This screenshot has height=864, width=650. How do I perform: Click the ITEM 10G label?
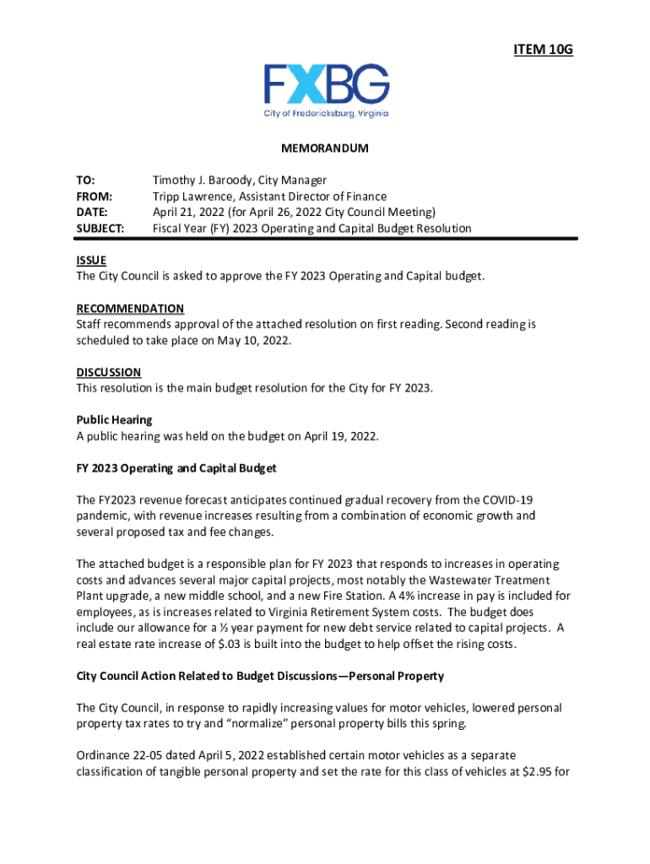coord(543,51)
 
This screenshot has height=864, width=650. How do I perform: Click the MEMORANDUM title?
coord(325,148)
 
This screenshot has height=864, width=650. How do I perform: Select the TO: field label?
coord(86,181)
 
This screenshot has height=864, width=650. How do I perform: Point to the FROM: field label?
coord(93,197)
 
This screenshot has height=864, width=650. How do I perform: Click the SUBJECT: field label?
coord(100,229)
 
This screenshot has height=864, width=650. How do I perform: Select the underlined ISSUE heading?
coord(91,261)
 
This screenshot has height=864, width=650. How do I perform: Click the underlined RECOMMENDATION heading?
coord(130,309)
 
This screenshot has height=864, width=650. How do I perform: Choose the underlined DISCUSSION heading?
coord(108,372)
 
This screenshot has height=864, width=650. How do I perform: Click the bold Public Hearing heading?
coord(114,420)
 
